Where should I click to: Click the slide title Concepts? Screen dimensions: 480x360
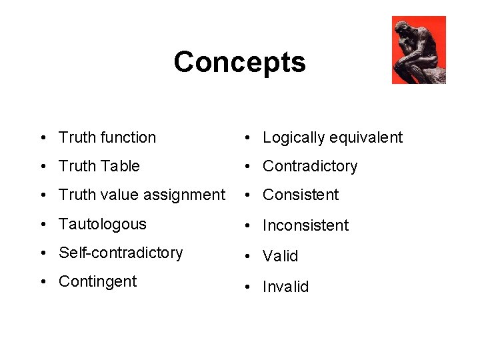(239, 62)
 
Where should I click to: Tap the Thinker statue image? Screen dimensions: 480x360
(419, 50)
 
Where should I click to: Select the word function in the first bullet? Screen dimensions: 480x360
(127, 137)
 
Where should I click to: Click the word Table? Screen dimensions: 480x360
(122, 166)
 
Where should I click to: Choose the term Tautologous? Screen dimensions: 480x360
(102, 224)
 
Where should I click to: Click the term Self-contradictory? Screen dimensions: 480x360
(121, 253)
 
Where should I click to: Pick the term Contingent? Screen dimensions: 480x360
(97, 281)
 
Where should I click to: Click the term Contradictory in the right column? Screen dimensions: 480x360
(310, 166)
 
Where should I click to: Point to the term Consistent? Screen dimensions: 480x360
(301, 195)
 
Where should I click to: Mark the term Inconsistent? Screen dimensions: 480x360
(305, 225)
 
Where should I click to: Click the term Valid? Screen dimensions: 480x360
(281, 256)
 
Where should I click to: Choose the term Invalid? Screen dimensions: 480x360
(285, 287)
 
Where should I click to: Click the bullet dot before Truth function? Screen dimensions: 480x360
(43, 138)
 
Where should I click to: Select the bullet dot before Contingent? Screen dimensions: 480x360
(43, 282)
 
